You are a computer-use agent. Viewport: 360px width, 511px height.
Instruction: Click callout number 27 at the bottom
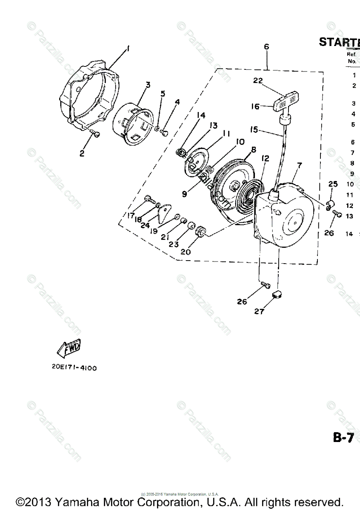(259, 312)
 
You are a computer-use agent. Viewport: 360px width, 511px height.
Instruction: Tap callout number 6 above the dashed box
(267, 47)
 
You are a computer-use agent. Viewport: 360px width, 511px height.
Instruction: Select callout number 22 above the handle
(258, 80)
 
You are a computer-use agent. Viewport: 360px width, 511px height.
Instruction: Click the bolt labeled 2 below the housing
(96, 135)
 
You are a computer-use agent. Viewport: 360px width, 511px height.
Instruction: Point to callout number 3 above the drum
(148, 85)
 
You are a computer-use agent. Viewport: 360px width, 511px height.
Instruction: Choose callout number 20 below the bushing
(186, 251)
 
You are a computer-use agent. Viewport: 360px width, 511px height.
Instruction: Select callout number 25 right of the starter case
(333, 184)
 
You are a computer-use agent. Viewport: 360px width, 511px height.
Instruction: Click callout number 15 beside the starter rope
(254, 129)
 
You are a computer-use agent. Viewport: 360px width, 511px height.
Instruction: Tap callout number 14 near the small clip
(201, 115)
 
